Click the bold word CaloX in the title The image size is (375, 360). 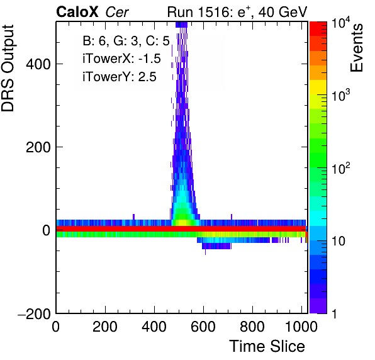[77, 12]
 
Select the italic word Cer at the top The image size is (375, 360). [117, 12]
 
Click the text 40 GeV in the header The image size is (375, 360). [283, 12]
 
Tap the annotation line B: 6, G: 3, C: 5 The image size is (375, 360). [126, 41]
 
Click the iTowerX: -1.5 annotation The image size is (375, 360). [121, 59]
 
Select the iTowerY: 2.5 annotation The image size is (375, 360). [120, 77]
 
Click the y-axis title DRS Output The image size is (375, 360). [8, 68]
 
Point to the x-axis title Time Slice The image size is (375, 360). [267, 346]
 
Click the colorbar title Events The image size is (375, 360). [356, 48]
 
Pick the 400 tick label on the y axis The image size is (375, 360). [38, 64]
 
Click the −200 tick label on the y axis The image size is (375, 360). [35, 313]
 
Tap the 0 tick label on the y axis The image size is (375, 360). [47, 230]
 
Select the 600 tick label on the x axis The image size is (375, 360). [203, 327]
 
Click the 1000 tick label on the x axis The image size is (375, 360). [301, 327]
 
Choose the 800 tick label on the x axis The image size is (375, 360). [252, 327]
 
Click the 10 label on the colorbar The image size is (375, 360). [339, 241]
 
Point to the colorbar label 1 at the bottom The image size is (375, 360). [335, 314]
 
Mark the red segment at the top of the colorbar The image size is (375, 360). [318, 28]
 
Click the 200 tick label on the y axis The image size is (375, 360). [38, 147]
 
